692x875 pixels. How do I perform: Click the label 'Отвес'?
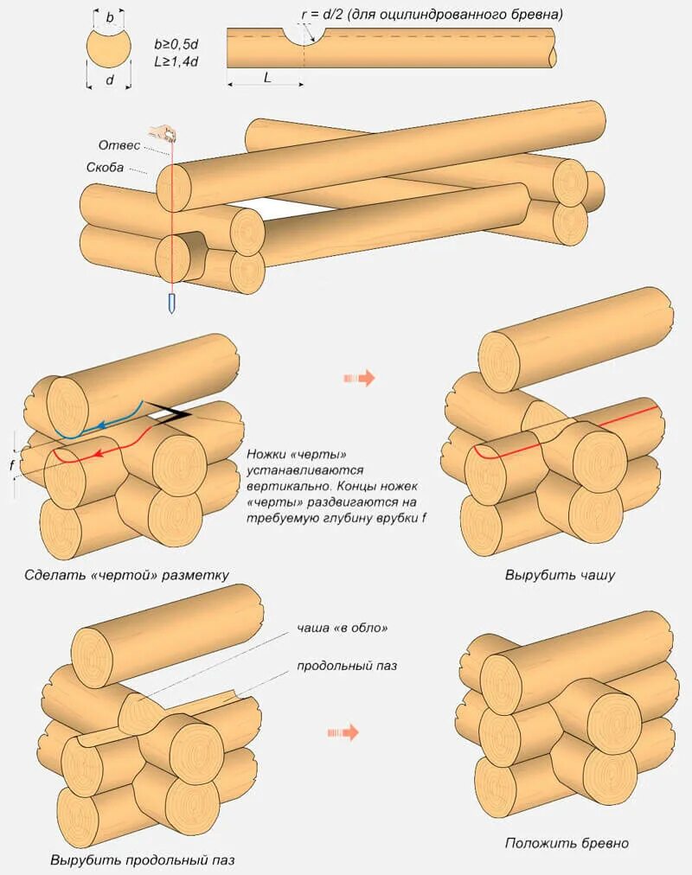coord(119,145)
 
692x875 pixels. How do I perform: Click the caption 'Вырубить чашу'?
coord(560,575)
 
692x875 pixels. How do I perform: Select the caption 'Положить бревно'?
coord(567,843)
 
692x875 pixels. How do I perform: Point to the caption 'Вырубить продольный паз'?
coord(142,860)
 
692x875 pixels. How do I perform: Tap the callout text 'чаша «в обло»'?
coord(336,628)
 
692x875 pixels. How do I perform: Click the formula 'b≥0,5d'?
coord(177,43)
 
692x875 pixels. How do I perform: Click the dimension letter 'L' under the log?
coord(267,77)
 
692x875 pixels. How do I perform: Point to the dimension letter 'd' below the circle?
coord(108,80)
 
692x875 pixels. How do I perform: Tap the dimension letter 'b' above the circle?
coord(109,16)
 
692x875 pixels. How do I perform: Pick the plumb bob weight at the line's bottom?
coord(173,303)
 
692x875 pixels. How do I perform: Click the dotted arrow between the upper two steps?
coord(359,378)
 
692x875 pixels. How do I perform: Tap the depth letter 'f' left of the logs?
coord(12,464)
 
